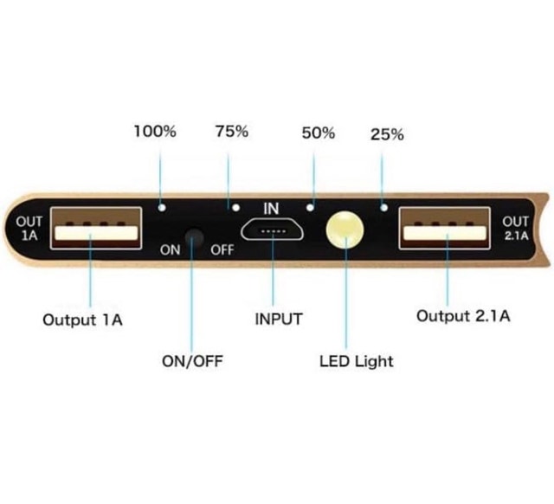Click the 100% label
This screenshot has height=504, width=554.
tap(155, 132)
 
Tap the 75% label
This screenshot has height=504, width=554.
tap(232, 132)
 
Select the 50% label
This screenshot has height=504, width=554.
tap(319, 133)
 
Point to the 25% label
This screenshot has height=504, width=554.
tap(387, 134)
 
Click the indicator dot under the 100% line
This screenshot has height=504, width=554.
tap(162, 208)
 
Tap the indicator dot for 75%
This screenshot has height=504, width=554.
tap(236, 208)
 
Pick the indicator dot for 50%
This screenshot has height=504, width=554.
tap(310, 208)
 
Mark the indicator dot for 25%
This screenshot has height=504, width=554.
tap(384, 208)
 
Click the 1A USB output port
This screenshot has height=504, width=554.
tap(96, 229)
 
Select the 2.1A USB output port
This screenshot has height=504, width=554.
tap(444, 229)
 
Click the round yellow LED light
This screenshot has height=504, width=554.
tap(345, 229)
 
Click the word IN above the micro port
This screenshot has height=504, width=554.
tap(271, 209)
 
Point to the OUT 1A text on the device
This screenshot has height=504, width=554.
tap(29, 229)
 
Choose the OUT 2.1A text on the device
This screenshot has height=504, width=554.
tap(516, 229)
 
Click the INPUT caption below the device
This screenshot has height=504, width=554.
tap(279, 319)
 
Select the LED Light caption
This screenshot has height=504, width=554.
tap(356, 361)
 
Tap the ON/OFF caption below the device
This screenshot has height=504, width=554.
tap(192, 361)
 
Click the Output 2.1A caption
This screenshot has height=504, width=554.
tap(463, 316)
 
